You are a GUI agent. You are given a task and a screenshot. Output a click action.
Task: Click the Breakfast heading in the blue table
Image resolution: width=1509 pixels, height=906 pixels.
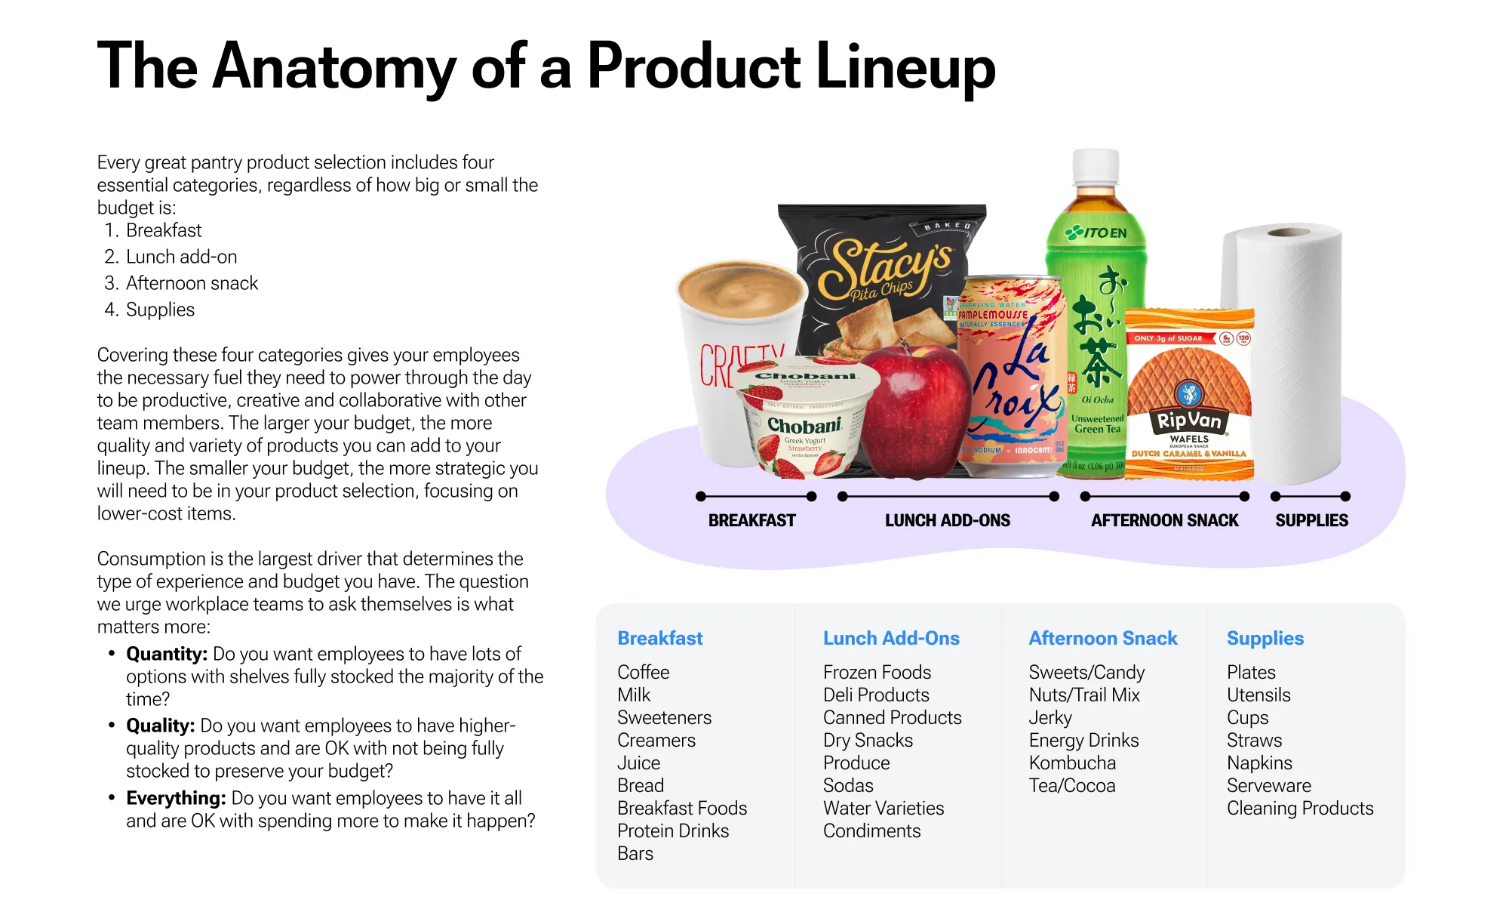coord(659,638)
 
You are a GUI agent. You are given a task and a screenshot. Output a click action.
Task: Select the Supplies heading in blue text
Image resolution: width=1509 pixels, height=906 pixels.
coord(1265,638)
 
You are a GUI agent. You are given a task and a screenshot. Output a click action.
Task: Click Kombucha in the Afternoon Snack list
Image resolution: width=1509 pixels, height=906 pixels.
coord(1072,763)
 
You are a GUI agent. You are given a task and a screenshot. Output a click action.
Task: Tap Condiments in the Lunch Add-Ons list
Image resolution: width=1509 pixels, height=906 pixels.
coord(871,830)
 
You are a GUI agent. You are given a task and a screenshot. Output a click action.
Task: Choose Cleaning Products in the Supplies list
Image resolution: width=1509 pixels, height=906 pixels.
coord(1299,808)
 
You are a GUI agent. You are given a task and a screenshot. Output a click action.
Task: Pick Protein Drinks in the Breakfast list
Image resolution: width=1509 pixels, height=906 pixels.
coord(673,830)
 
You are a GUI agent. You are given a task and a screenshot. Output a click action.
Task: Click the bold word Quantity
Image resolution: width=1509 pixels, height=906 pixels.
coord(166,654)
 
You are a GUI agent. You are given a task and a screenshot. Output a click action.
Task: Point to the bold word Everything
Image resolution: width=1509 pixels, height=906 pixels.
coord(176,798)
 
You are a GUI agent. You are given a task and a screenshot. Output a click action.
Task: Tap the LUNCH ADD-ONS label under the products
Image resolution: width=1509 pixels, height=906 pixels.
coord(947,520)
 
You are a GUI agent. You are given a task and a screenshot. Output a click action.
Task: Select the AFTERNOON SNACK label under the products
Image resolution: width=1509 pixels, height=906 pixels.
coord(1164,520)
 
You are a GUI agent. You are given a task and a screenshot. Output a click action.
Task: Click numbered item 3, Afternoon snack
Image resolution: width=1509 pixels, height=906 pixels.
coord(191,283)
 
